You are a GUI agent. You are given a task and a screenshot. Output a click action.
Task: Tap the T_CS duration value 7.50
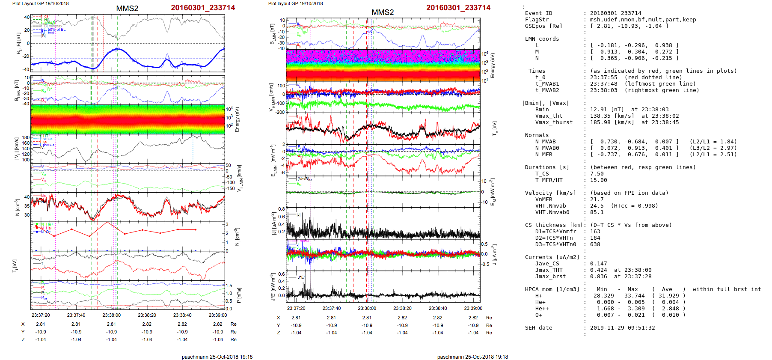[x=597, y=174]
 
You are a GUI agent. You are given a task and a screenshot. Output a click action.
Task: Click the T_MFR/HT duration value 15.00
[x=598, y=180]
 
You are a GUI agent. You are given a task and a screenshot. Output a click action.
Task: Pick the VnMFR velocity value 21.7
[x=597, y=199]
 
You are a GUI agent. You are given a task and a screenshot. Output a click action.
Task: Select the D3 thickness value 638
[x=595, y=244]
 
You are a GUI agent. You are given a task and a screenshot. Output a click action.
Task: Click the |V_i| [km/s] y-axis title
[x=17, y=149]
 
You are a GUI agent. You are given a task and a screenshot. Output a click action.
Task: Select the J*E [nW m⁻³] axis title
[x=272, y=287]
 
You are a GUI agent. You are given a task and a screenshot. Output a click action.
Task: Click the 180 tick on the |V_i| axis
[x=26, y=138]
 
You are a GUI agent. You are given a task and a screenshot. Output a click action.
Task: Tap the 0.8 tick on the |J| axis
[x=281, y=209]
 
